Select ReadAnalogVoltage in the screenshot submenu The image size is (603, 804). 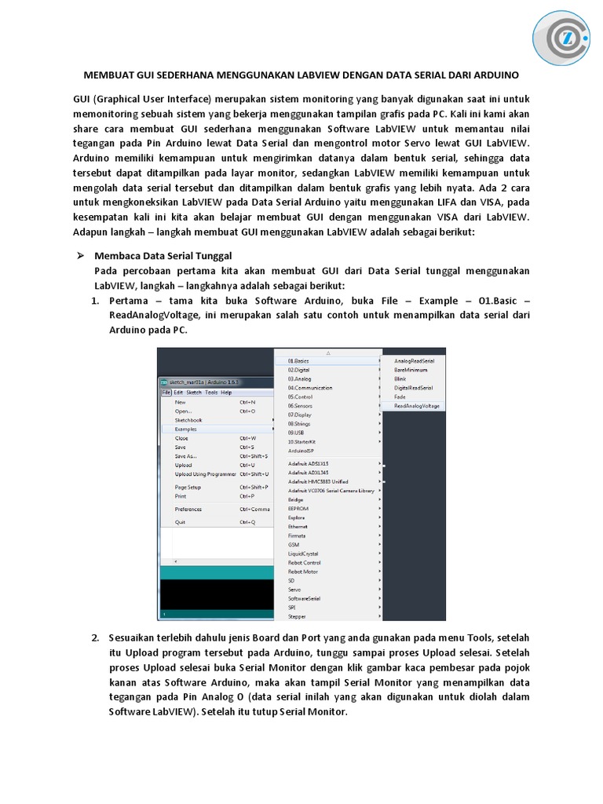(x=417, y=406)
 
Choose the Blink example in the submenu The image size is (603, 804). (x=400, y=378)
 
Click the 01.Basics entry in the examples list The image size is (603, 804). (x=298, y=360)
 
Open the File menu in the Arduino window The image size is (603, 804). (x=166, y=393)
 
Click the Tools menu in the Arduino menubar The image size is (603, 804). (x=211, y=393)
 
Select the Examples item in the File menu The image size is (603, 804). (x=186, y=429)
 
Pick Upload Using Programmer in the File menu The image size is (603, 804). (x=205, y=474)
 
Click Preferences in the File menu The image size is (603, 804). (x=188, y=509)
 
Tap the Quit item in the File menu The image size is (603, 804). (x=181, y=522)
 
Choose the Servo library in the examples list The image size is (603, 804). (x=294, y=589)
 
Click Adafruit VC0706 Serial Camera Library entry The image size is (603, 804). (x=331, y=491)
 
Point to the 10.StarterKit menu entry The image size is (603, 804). (x=301, y=442)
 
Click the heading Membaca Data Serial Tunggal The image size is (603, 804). (x=163, y=256)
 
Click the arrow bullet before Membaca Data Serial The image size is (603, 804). (x=79, y=256)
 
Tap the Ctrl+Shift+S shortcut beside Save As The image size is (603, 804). (x=254, y=455)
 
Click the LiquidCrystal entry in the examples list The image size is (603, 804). (x=303, y=554)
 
